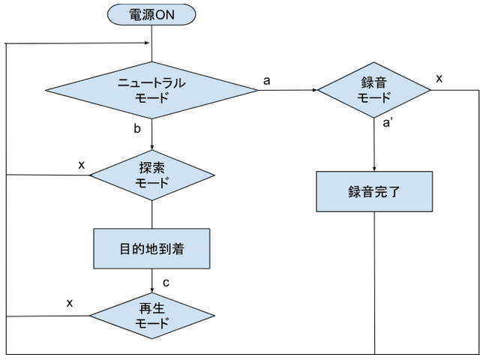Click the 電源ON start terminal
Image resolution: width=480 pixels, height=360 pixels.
152,13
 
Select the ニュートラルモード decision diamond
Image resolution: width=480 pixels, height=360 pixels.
152,89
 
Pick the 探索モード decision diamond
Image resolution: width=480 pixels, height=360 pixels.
152,175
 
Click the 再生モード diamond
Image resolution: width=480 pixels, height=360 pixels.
152,316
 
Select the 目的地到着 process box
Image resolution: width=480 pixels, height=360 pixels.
152,248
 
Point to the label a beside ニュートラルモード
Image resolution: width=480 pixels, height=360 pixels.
266,80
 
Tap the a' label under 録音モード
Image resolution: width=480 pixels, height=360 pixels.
388,124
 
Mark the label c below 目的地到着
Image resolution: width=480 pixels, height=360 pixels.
165,282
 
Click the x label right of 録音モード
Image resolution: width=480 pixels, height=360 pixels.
439,78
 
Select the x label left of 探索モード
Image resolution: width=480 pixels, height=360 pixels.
81,164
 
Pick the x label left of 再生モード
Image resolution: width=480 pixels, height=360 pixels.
70,302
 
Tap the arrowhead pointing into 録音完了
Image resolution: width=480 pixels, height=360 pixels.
374,169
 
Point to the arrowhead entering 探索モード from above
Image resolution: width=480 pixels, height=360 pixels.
152,148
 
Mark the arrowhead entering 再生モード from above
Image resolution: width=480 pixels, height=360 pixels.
152,289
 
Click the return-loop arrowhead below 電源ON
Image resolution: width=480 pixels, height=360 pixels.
148,42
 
